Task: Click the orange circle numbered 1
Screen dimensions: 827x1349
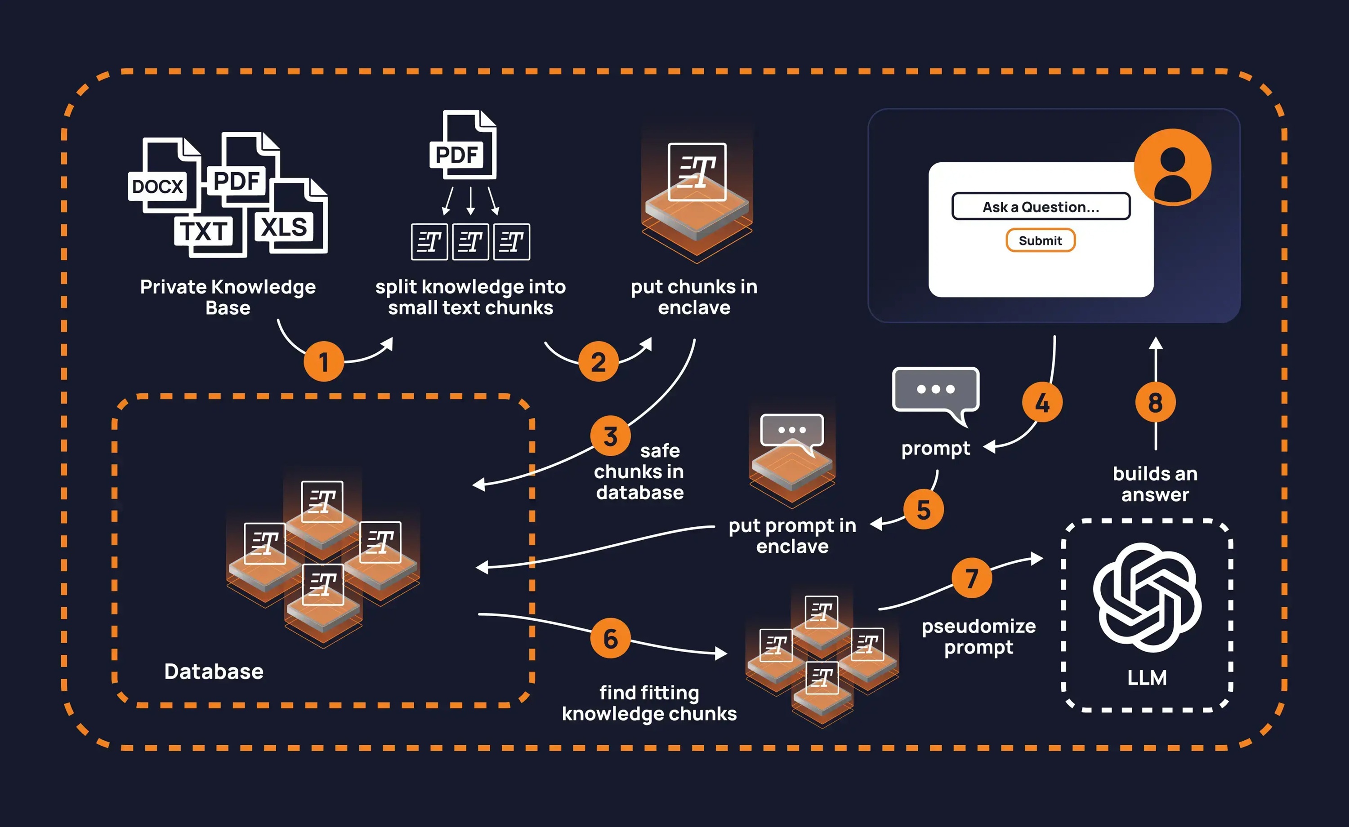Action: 324,361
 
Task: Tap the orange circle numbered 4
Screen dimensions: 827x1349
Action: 1042,403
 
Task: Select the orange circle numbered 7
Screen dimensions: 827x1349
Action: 972,578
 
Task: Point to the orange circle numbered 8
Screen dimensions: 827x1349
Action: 1155,403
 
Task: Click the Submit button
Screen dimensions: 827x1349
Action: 1040,240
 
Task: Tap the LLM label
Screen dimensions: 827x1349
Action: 1147,678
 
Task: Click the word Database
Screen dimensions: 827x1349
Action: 214,671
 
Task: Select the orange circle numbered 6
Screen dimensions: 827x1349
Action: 611,638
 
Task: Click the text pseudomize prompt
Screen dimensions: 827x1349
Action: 978,636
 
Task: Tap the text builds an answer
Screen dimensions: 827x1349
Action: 1155,484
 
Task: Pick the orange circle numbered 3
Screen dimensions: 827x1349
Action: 611,436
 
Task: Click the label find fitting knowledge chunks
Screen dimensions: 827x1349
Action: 649,703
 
